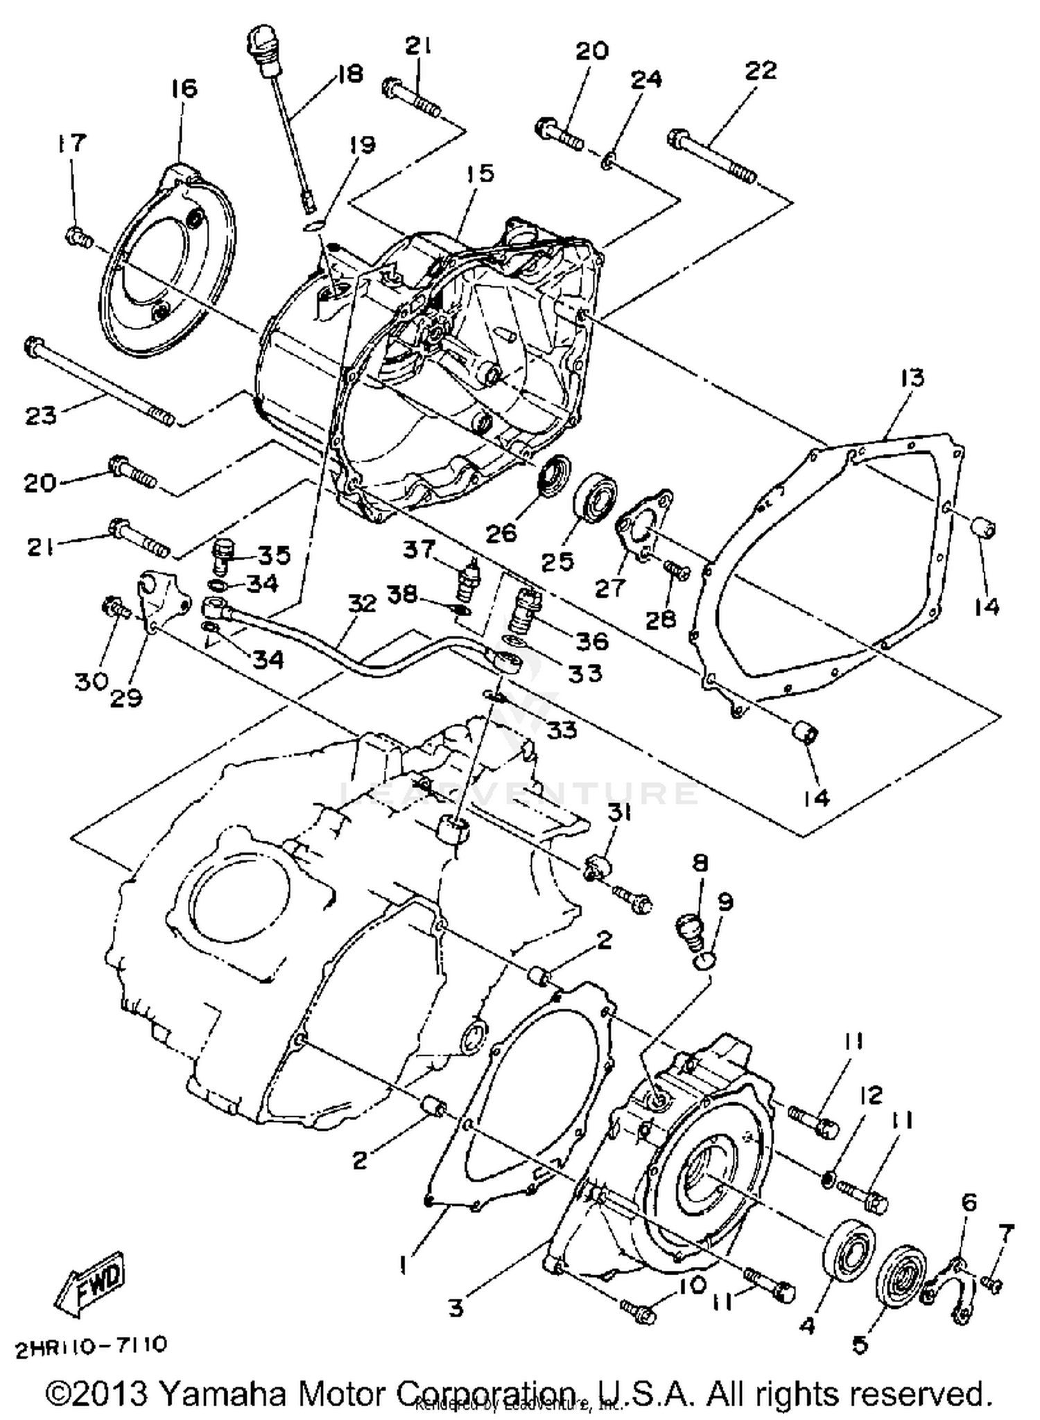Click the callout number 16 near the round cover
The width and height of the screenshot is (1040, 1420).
click(x=184, y=89)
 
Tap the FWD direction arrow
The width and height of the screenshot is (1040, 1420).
click(x=90, y=1281)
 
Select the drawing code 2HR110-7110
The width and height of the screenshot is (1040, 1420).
click(x=91, y=1345)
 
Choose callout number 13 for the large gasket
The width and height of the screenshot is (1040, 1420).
click(x=912, y=378)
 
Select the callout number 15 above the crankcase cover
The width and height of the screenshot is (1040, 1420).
click(x=480, y=173)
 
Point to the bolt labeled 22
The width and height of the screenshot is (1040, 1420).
click(x=713, y=157)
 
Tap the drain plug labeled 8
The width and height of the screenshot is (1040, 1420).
click(x=690, y=929)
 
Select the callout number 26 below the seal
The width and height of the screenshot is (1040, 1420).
click(x=501, y=532)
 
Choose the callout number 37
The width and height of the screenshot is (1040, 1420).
click(x=419, y=550)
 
